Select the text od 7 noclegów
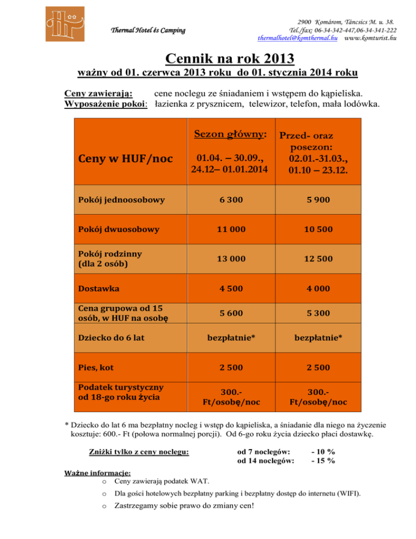(264, 451)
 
